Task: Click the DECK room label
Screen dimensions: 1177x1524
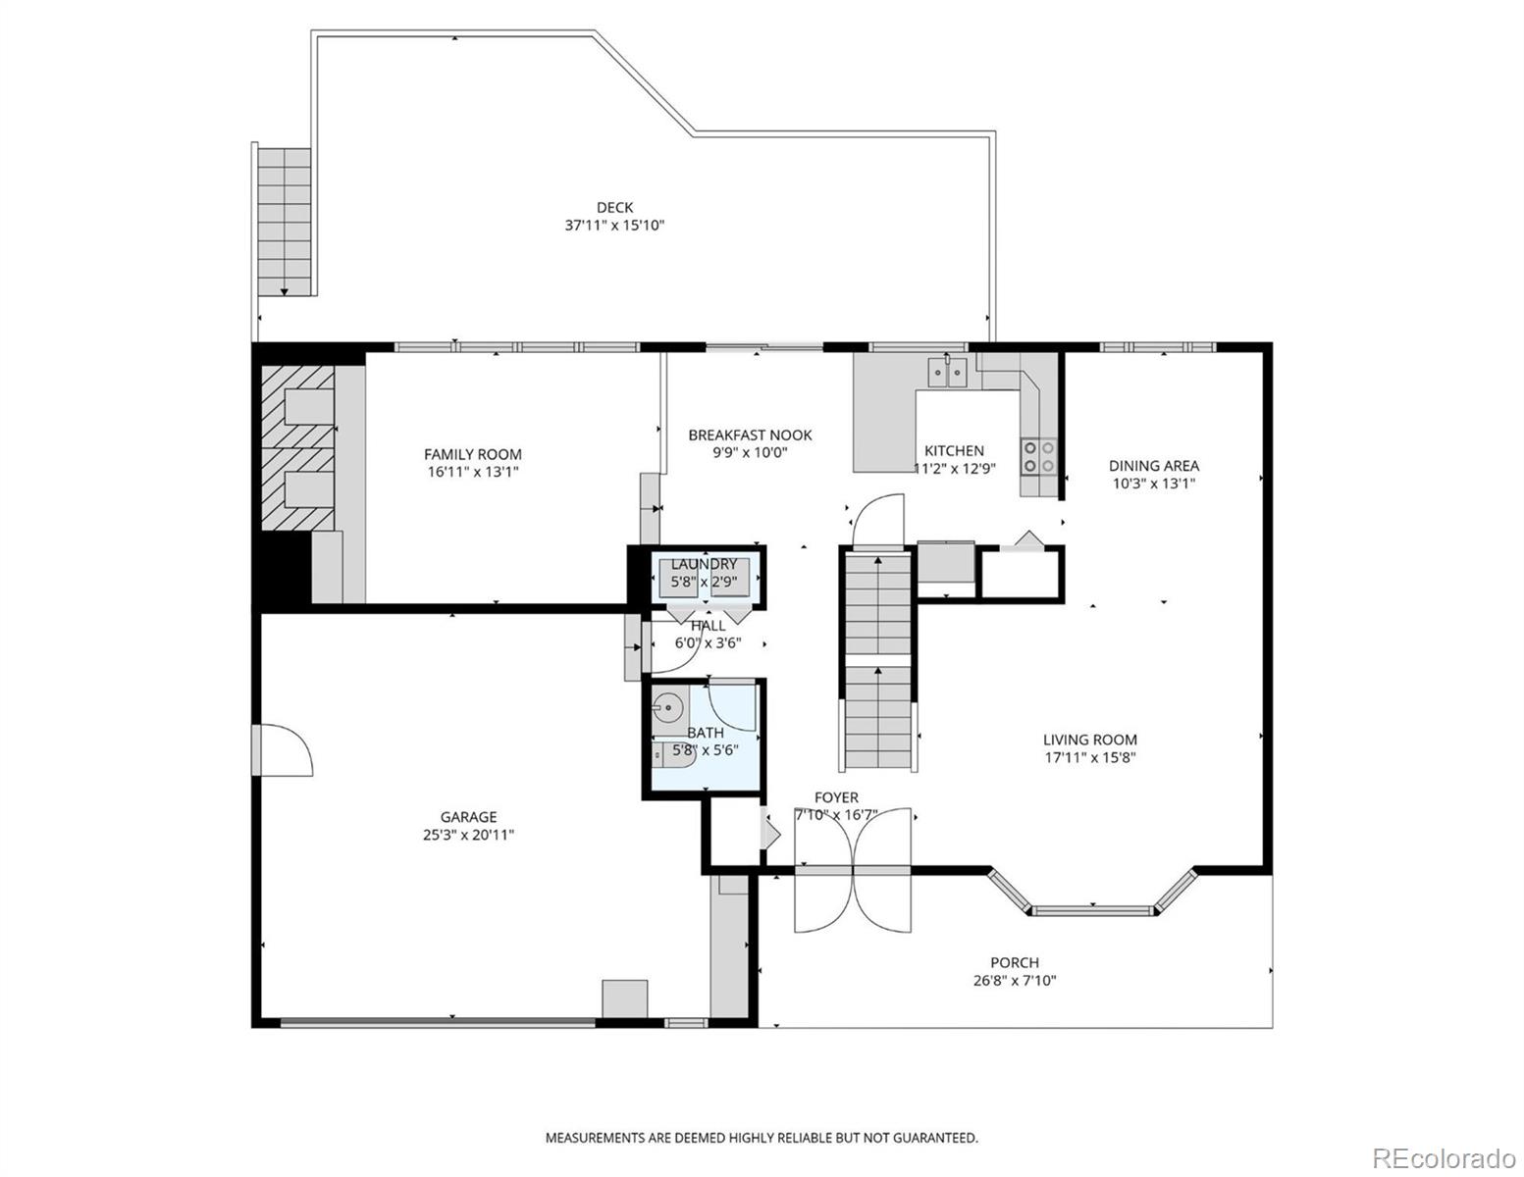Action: pos(614,207)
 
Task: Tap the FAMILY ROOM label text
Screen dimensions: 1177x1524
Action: pos(472,454)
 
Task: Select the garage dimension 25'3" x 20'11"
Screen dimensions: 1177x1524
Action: pos(467,835)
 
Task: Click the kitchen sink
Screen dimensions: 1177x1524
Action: pos(948,373)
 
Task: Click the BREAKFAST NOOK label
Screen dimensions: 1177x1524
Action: pos(750,435)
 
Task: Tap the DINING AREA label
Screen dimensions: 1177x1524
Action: pos(1153,466)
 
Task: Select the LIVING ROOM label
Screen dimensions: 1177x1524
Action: pos(1089,740)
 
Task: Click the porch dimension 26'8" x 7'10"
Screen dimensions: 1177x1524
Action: pos(1014,980)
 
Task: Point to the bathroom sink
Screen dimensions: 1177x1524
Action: pos(669,705)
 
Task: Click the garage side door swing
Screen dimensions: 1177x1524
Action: pos(286,750)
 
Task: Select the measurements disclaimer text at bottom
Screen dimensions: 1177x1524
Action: pos(762,1138)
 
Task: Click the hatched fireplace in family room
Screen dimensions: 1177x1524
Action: pos(297,449)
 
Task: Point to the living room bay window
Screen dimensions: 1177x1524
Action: pos(1092,907)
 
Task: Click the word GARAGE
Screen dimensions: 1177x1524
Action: pos(467,817)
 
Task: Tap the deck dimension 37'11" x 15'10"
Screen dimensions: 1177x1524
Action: pos(614,225)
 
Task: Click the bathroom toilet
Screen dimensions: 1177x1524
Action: pos(675,754)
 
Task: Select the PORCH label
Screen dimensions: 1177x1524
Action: pos(1014,962)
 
